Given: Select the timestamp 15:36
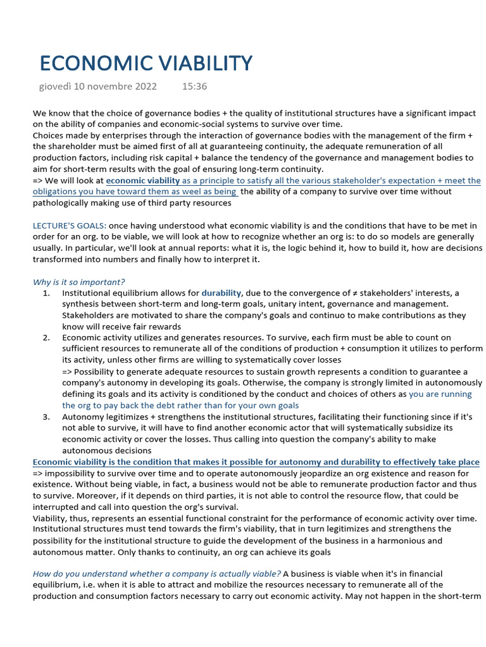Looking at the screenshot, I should (x=194, y=86).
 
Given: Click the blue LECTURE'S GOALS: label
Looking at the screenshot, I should (x=70, y=226).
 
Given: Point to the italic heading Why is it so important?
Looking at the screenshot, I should (x=78, y=282).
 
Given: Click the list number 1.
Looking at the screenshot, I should (x=46, y=293).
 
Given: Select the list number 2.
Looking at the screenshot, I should (x=46, y=337).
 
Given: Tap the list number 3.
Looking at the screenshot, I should (x=46, y=417).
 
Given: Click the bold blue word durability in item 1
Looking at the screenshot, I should (x=221, y=293).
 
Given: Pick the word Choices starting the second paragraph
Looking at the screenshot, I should (x=49, y=136).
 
